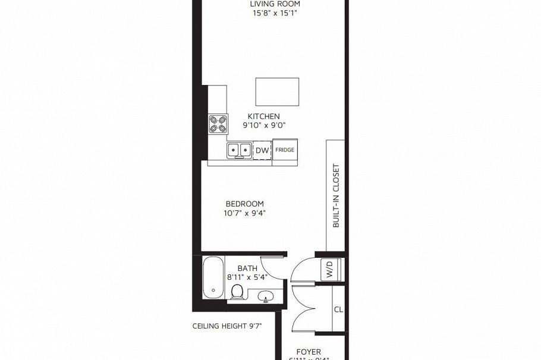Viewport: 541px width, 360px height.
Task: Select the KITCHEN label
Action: click(263, 116)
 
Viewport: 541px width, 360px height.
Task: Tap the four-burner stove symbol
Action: click(218, 124)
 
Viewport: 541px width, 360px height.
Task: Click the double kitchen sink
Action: click(239, 150)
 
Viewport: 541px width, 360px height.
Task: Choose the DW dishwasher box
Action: click(262, 150)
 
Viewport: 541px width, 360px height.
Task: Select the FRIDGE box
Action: click(284, 150)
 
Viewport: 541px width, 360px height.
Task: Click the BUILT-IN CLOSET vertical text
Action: click(336, 195)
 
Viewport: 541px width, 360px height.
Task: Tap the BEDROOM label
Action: click(244, 204)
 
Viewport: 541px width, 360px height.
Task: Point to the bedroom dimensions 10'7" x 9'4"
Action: click(244, 213)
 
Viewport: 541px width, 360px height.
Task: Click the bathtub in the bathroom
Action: click(212, 278)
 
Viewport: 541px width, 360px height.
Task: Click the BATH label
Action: click(247, 268)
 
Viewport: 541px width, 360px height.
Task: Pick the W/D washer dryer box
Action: click(329, 269)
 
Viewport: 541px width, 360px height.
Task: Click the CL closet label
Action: click(338, 310)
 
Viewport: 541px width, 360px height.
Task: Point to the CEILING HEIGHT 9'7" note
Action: click(227, 326)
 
